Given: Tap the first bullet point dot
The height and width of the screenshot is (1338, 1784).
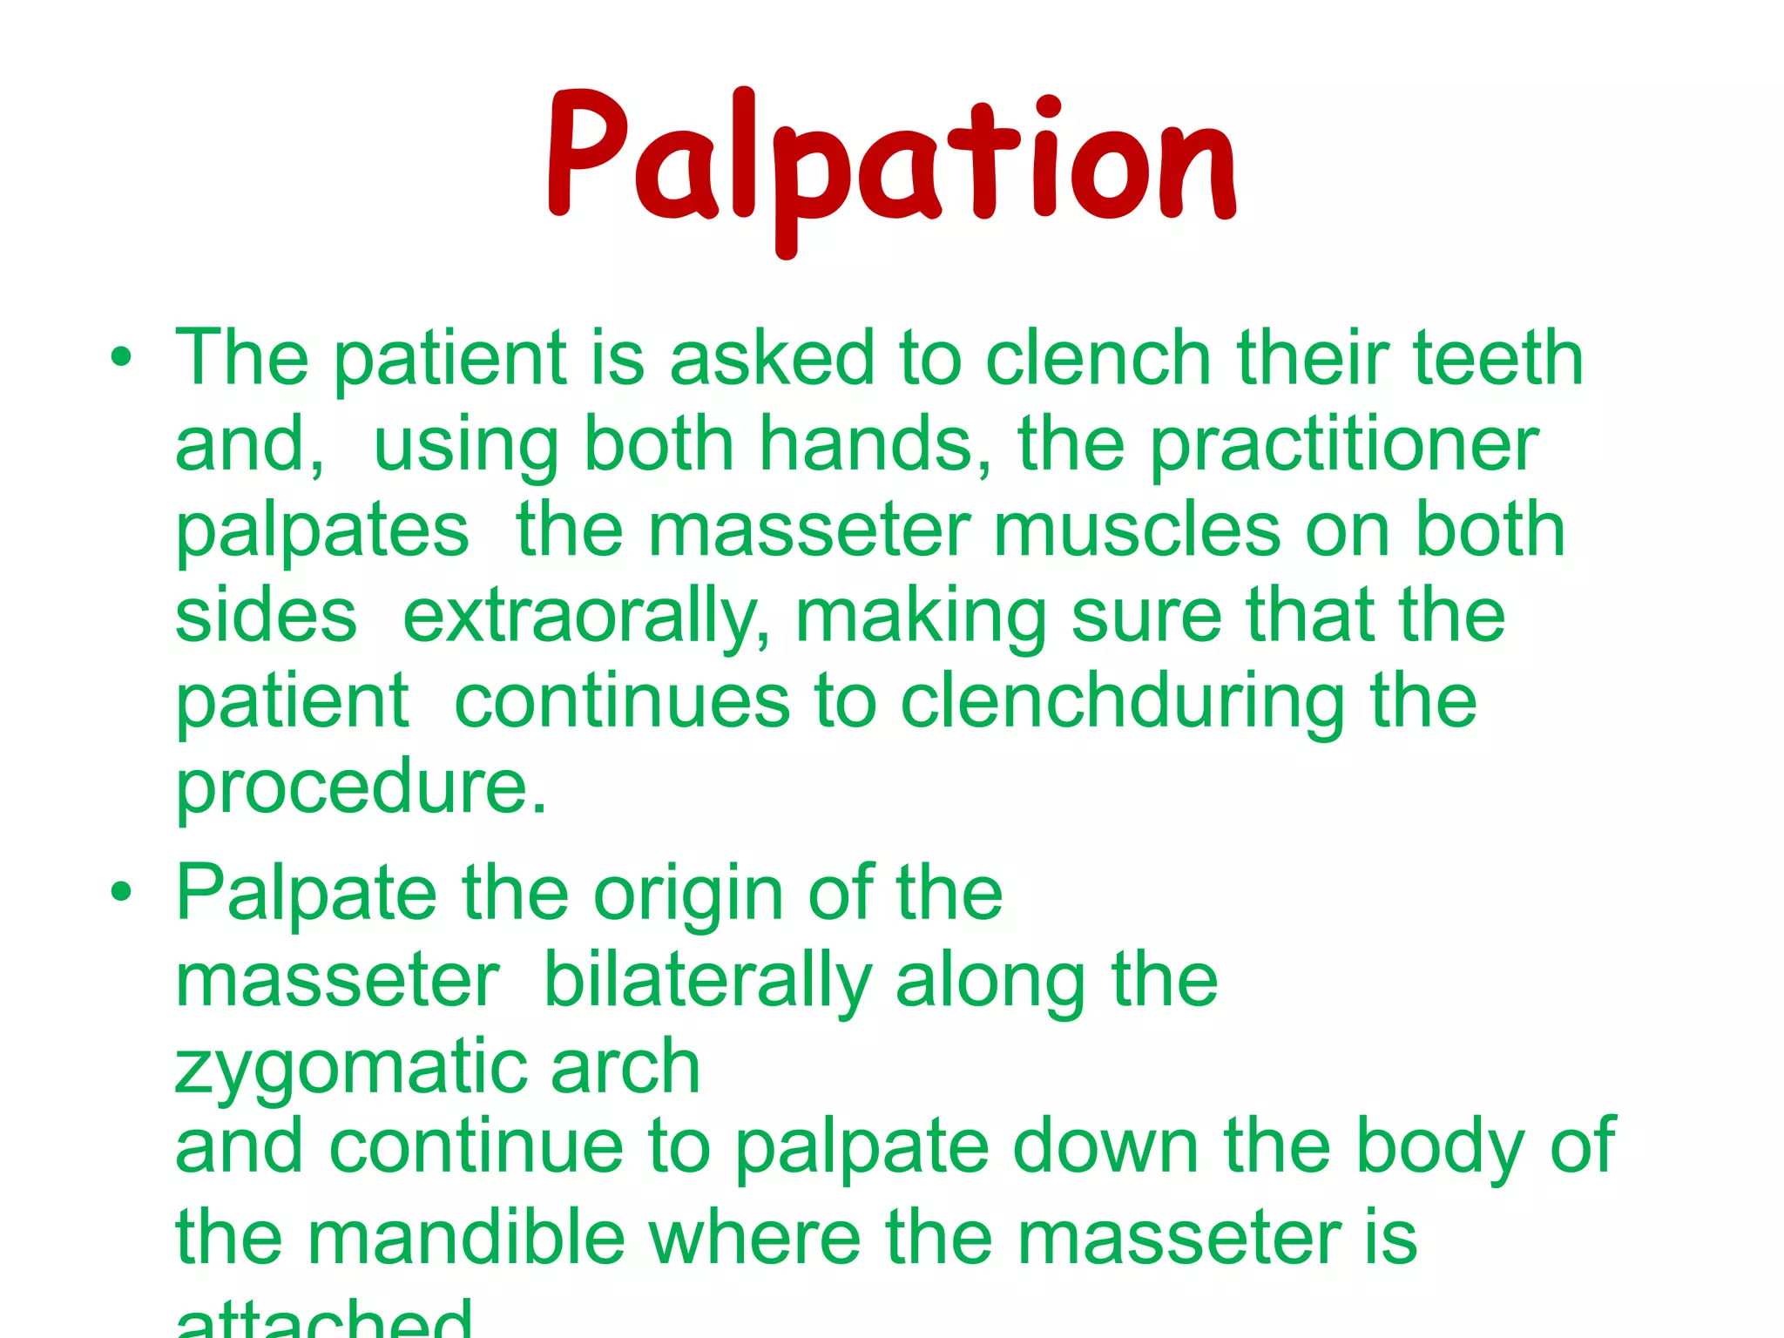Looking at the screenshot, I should click(x=122, y=358).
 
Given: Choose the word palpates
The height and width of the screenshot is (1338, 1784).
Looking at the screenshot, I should click(x=322, y=531).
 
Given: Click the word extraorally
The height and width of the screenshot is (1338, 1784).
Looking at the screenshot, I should click(x=586, y=617).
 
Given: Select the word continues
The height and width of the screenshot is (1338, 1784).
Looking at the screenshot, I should click(x=622, y=702).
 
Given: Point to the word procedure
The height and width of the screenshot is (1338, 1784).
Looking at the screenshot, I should click(x=361, y=787).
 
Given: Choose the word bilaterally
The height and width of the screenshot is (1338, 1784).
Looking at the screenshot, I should click(x=707, y=981).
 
